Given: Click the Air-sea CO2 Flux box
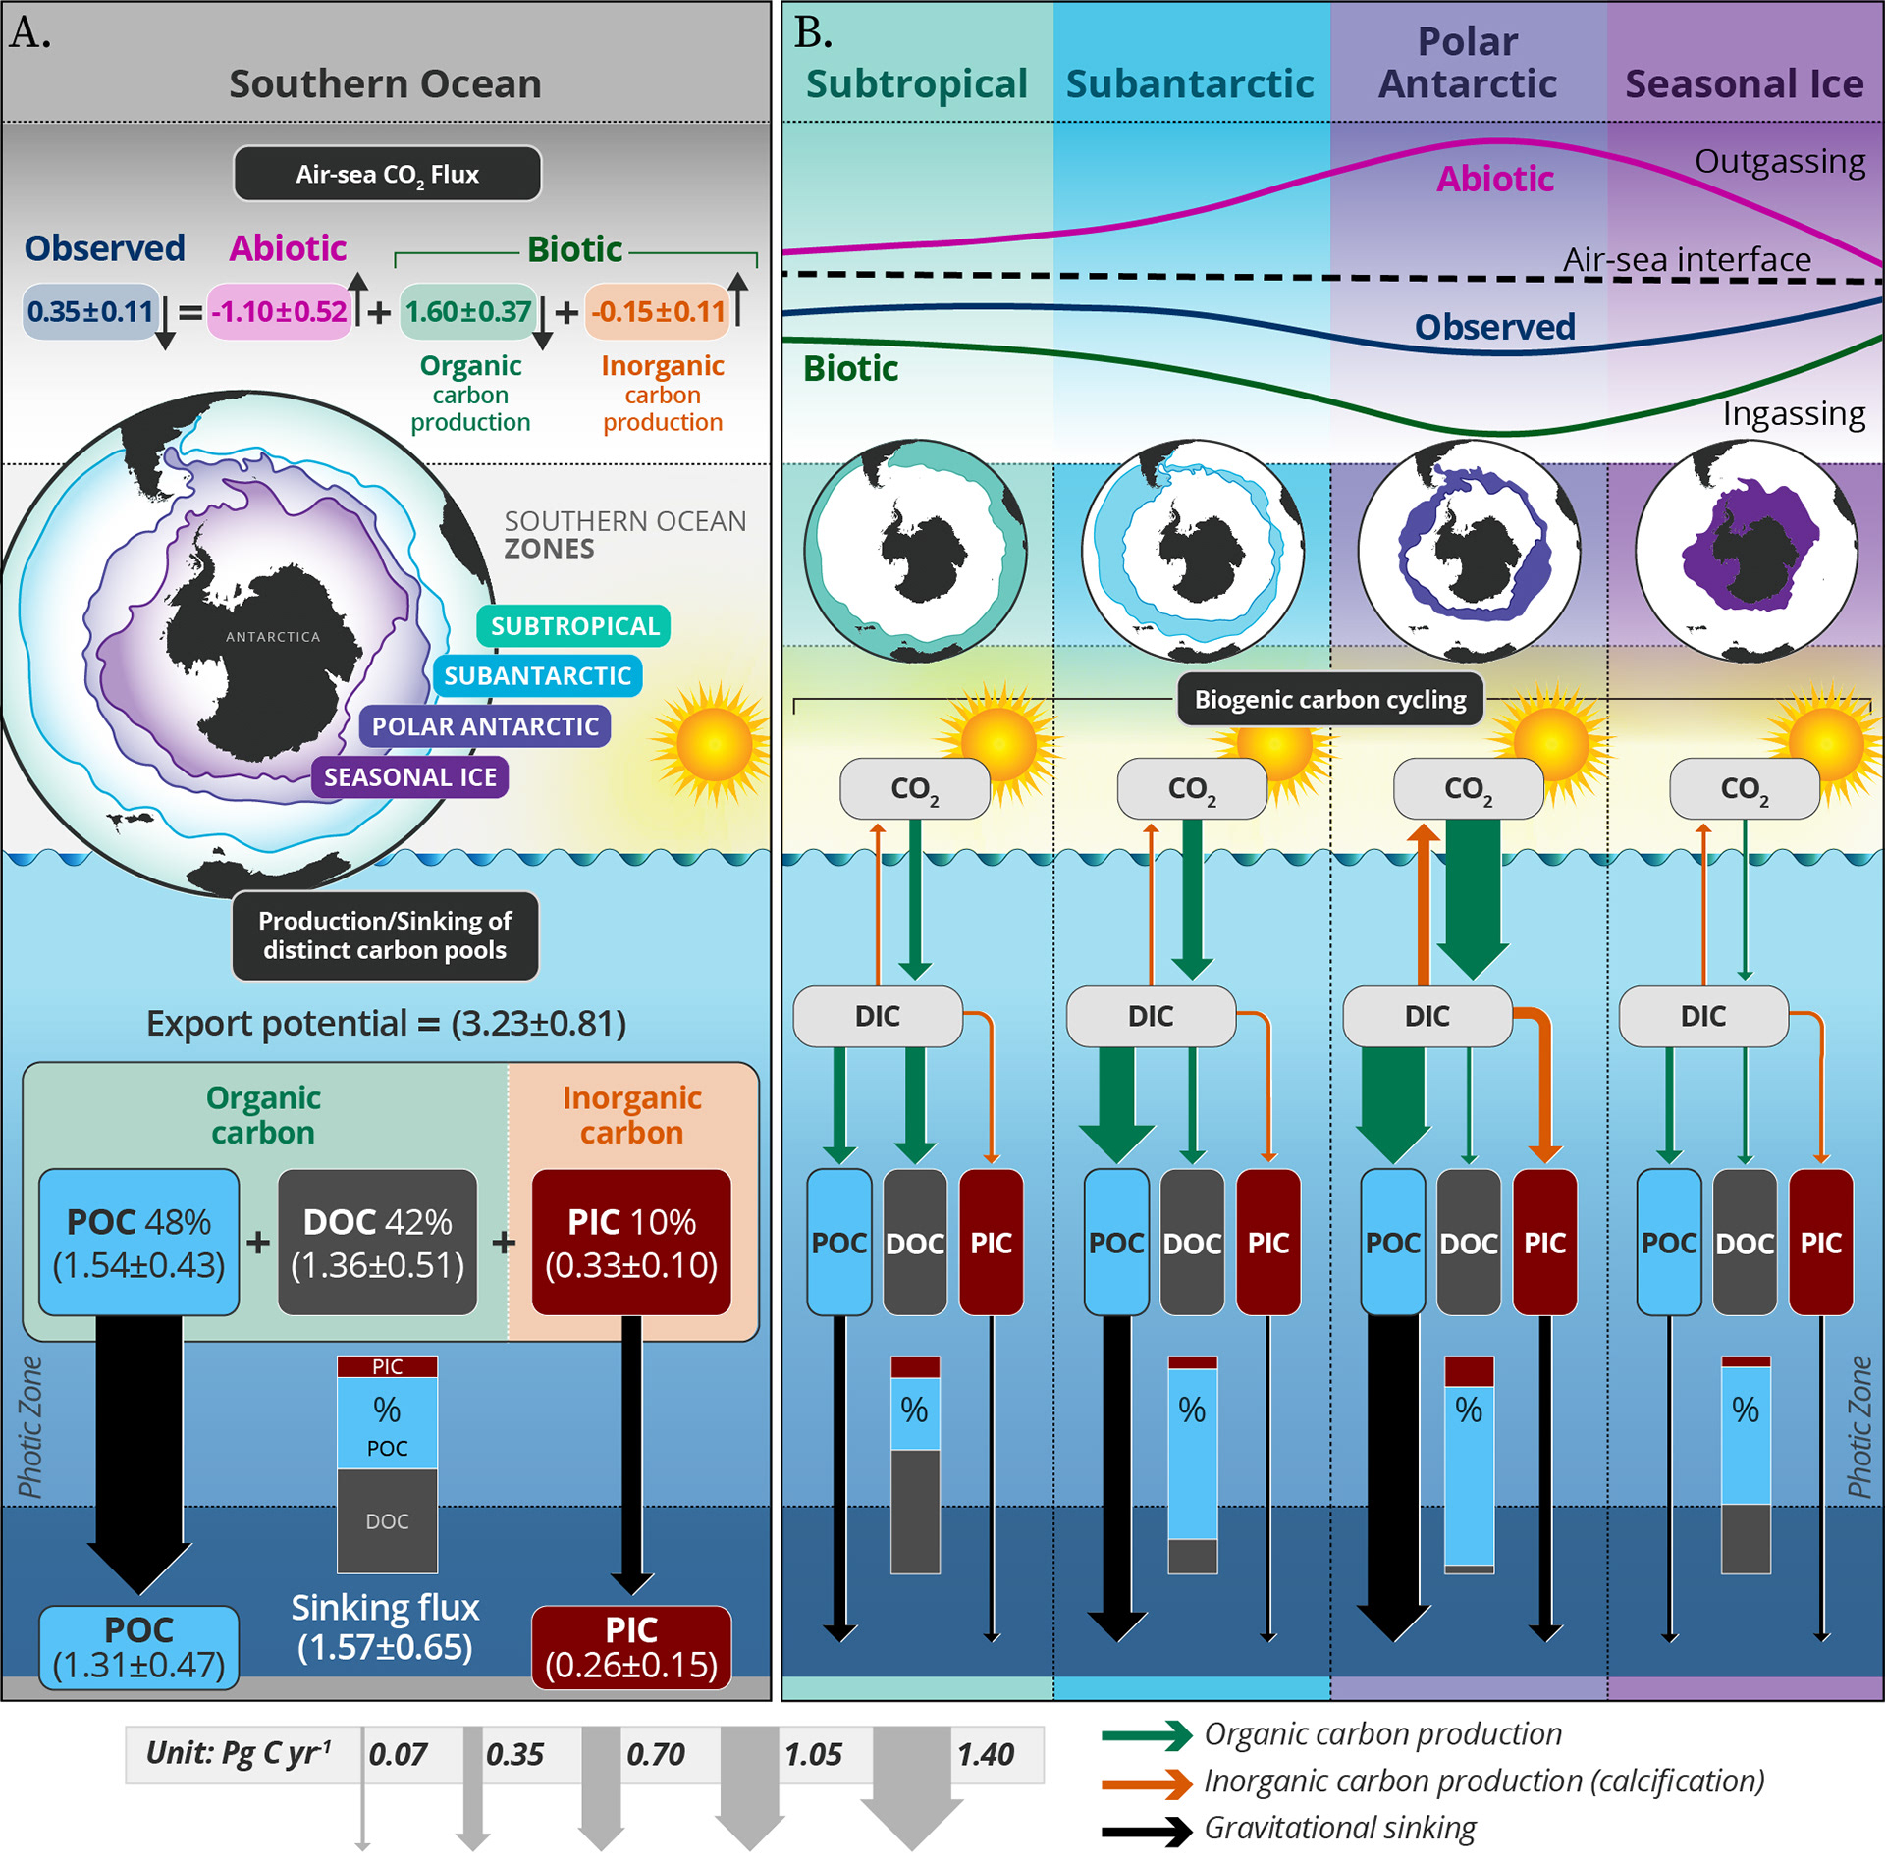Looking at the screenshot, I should (387, 174).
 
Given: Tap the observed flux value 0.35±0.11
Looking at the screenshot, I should (90, 311).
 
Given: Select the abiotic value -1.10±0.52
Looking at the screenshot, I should (280, 311).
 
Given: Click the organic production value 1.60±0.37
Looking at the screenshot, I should (467, 311).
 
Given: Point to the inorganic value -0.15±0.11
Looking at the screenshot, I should (657, 311).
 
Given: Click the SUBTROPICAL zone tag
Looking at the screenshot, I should (574, 626).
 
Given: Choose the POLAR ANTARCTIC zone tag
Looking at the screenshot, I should (485, 726).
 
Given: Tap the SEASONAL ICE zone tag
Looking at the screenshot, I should (410, 777).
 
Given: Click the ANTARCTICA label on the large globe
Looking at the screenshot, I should (273, 637).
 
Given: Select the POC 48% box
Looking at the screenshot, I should (138, 1243).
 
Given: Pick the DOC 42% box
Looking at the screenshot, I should (377, 1243).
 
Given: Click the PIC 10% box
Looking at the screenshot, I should (631, 1243).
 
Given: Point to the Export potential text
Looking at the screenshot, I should (386, 1023).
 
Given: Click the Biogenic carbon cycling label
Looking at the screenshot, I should (1329, 699).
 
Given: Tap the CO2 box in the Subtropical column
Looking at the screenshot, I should (914, 788).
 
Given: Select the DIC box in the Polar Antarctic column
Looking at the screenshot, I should (1427, 1016).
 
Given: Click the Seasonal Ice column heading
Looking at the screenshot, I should (1744, 83).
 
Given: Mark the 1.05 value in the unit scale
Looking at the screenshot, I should (813, 1754).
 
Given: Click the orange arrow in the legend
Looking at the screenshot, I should (1147, 1782).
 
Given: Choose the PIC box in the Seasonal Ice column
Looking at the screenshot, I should (1820, 1243).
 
